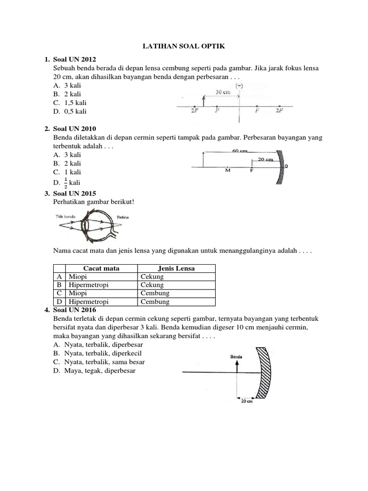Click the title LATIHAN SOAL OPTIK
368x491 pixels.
[184, 46]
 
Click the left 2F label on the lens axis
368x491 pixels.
[194, 111]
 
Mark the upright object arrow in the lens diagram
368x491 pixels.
[204, 101]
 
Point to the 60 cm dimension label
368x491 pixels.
[240, 151]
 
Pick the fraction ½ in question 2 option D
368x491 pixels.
[65, 183]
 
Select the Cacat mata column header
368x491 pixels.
[101, 269]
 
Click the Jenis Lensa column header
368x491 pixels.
[176, 269]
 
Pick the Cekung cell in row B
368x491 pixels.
[152, 285]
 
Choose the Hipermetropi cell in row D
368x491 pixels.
[89, 302]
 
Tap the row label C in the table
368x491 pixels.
[59, 293]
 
